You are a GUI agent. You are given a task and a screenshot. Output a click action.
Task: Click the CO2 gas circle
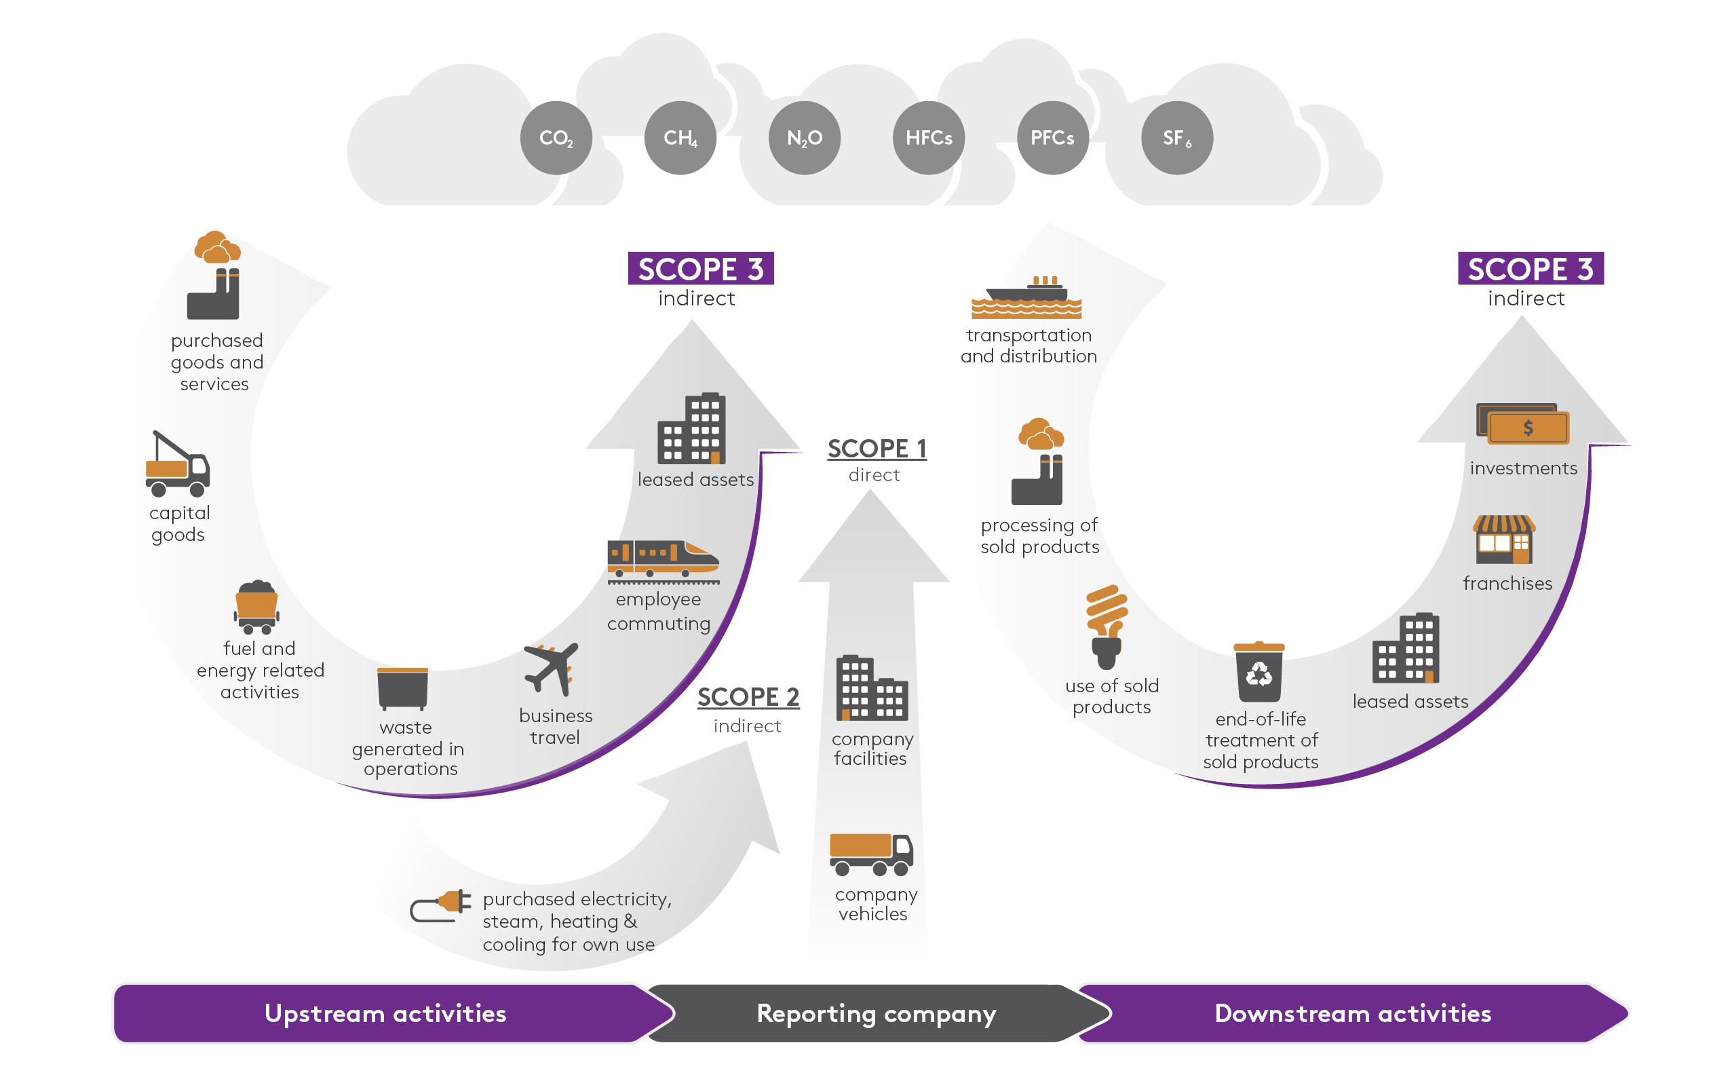(556, 138)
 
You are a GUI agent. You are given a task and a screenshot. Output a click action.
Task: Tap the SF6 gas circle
(1176, 138)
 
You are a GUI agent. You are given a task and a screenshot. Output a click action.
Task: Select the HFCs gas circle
(928, 138)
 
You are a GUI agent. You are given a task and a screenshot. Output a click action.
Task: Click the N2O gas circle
(804, 138)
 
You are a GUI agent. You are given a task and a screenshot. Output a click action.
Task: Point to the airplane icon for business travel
(552, 669)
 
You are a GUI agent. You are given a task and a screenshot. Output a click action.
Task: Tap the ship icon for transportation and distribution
(1026, 297)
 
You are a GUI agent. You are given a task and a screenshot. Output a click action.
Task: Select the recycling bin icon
(1258, 672)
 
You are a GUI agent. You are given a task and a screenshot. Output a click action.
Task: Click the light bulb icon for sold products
(1106, 626)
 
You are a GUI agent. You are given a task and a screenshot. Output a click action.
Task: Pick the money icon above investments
(1522, 424)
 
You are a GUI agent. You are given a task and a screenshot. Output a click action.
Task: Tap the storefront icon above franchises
(1504, 540)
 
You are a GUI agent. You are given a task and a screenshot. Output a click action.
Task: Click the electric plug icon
(441, 905)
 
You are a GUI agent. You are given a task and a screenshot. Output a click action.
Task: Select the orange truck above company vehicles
(870, 854)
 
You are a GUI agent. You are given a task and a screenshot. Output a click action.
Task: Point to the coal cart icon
(256, 607)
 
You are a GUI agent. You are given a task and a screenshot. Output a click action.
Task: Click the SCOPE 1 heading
(877, 449)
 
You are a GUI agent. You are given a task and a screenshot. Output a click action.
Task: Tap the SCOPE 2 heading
(748, 698)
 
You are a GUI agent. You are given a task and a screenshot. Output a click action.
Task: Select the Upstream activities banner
(385, 1014)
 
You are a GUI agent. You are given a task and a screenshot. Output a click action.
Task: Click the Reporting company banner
(876, 1014)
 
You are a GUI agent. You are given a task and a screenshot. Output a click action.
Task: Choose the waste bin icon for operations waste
(402, 689)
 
